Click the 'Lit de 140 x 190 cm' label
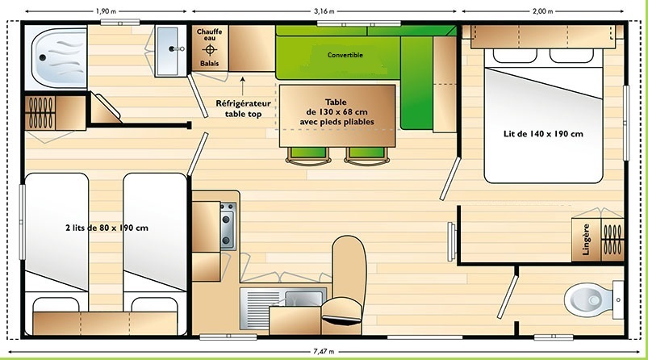tap(542, 134)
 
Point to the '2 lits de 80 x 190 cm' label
tap(107, 228)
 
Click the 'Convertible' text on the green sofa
tap(345, 55)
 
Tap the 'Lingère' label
tap(586, 240)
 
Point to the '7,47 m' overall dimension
tap(325, 352)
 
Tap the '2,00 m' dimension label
tap(543, 10)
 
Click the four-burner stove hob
tap(228, 226)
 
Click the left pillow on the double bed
tap(510, 56)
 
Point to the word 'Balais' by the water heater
tap(209, 62)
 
